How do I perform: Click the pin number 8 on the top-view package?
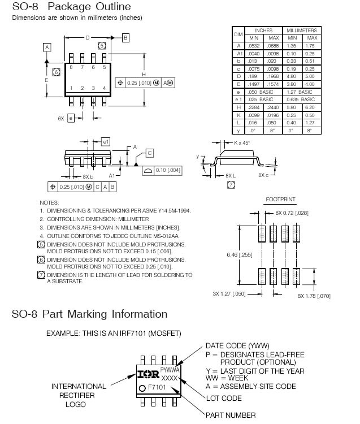[x=71, y=67]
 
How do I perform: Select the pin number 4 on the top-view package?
[x=105, y=88]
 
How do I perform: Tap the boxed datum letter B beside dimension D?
[x=125, y=38]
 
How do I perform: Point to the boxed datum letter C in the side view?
[x=150, y=153]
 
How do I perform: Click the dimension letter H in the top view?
[x=144, y=74]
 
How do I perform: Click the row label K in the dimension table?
[x=238, y=115]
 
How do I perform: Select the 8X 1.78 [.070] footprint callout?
[x=314, y=297]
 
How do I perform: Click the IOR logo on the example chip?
[x=149, y=374]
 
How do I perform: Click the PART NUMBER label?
[x=230, y=416]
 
